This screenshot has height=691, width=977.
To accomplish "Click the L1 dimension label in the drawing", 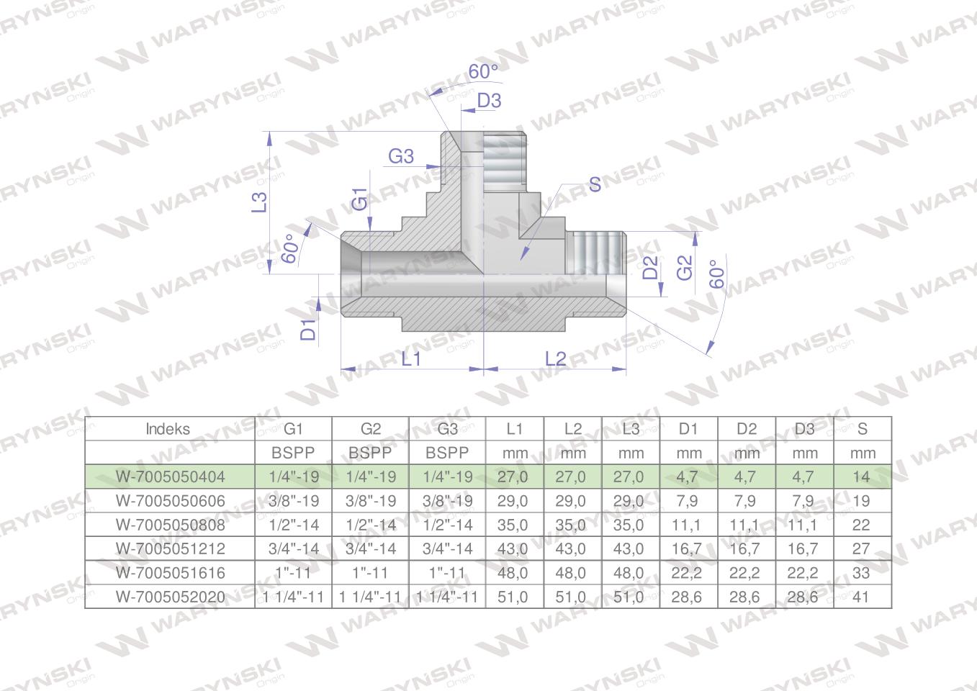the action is point(411,359).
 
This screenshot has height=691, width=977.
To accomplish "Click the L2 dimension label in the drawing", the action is point(556,359).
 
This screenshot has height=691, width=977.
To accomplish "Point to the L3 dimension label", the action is point(259,202).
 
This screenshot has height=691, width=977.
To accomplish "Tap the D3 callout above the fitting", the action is point(490,101).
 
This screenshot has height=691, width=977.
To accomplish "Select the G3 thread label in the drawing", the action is point(401,156).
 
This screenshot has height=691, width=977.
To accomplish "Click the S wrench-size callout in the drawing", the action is point(595,184).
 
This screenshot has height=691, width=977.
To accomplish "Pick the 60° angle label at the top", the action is point(483,71).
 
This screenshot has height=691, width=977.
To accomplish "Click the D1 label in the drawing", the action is point(308,329).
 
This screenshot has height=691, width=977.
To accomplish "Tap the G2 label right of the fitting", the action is point(685,267).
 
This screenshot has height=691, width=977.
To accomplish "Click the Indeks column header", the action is point(168,429).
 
